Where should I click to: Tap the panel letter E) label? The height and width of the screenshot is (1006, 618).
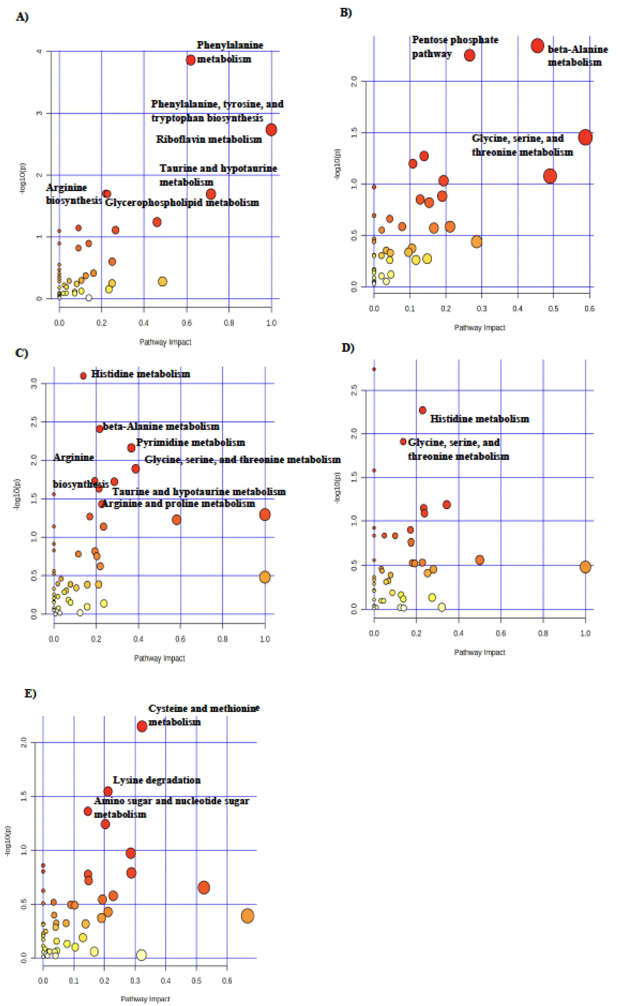click(30, 693)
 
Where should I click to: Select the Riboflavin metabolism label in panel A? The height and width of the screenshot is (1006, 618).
click(209, 139)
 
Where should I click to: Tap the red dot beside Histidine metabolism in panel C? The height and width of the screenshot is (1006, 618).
click(83, 376)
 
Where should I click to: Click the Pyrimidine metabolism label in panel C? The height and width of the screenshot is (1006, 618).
click(190, 442)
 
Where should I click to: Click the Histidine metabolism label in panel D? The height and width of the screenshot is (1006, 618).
click(479, 419)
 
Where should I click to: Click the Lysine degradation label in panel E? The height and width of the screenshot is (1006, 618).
click(157, 780)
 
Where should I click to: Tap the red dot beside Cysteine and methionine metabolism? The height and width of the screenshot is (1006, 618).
click(142, 726)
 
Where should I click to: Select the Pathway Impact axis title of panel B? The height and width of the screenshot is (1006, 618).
click(479, 328)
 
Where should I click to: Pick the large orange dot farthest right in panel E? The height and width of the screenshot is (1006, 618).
click(247, 916)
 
